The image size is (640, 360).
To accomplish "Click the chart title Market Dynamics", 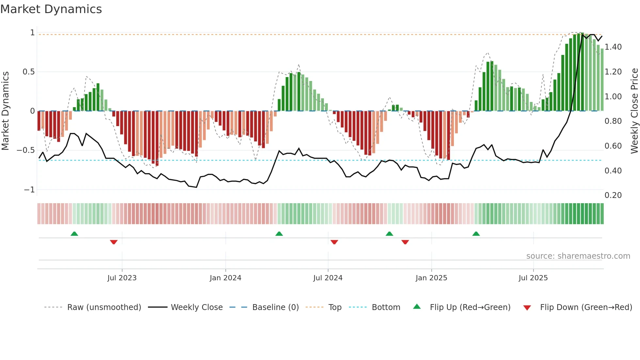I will click(51, 9).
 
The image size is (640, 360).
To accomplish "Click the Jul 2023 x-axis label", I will click(122, 278).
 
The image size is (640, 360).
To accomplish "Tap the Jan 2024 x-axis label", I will click(225, 278).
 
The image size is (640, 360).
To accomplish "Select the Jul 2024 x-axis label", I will click(328, 278).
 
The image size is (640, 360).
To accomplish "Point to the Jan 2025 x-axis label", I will click(431, 278).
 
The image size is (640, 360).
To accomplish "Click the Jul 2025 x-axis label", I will click(533, 278).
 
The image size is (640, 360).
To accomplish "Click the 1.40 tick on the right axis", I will click(613, 47).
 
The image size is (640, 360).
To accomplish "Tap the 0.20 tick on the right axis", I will click(613, 195).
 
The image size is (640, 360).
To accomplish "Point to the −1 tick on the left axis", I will click(29, 190).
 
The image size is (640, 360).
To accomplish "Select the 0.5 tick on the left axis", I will click(28, 72).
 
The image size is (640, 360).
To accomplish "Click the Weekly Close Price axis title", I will click(634, 111).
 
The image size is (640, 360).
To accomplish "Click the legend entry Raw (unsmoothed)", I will click(104, 307).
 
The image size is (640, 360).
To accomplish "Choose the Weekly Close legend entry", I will click(197, 307).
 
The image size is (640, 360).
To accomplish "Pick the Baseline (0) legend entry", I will click(275, 307).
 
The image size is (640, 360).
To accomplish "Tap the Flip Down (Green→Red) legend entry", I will click(586, 307).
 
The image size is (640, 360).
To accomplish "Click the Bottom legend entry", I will click(386, 307).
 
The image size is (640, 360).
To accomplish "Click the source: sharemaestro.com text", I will click(578, 256).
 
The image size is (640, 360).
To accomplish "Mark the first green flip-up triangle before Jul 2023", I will click(74, 234).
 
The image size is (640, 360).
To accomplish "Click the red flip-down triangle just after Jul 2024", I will click(334, 242).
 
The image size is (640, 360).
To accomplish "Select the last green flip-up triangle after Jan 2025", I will click(476, 234).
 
